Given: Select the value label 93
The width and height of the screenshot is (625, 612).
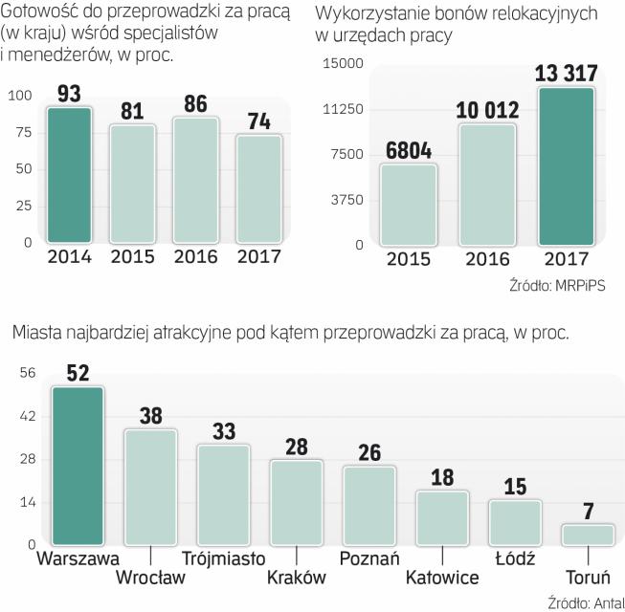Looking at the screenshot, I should point(69,95).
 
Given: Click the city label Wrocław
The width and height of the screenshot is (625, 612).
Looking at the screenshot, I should point(150,578).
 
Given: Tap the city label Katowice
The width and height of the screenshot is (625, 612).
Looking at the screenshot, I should point(442,578).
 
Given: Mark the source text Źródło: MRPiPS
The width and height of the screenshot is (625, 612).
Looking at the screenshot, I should point(559,284).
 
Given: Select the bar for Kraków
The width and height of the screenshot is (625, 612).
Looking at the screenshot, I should point(297,503).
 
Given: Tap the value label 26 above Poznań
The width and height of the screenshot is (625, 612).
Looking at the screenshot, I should point(369,451).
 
